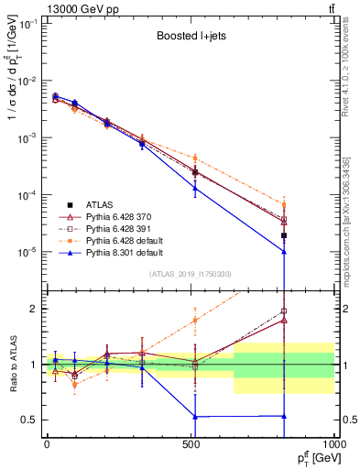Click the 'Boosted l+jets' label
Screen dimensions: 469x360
click(x=190, y=39)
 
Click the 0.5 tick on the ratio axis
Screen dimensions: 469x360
click(x=31, y=420)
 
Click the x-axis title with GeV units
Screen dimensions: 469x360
click(x=312, y=458)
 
